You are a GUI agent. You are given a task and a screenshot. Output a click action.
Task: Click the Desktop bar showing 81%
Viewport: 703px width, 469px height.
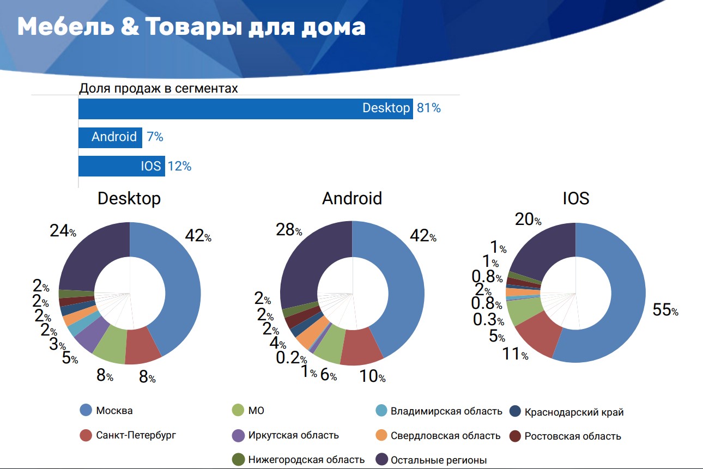[x=245, y=108]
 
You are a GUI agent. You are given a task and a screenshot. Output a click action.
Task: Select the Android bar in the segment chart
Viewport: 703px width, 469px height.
[x=110, y=137]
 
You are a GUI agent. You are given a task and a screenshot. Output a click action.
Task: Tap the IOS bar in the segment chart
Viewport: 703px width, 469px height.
[x=121, y=166]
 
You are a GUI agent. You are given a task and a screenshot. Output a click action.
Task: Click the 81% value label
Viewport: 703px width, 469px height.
[x=428, y=108]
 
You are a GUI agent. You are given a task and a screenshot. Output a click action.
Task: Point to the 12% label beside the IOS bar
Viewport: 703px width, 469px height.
[x=179, y=166]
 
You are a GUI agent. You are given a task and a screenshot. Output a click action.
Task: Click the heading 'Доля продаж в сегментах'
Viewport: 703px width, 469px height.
[x=159, y=88]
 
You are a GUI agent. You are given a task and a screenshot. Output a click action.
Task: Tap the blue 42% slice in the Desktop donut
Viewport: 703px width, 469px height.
[x=174, y=283]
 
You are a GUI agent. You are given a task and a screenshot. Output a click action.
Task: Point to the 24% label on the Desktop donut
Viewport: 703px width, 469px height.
[x=63, y=231]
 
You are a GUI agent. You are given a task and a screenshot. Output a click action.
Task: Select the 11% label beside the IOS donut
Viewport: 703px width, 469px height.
[x=515, y=354]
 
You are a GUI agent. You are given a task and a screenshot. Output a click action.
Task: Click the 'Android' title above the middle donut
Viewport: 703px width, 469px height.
[x=352, y=198]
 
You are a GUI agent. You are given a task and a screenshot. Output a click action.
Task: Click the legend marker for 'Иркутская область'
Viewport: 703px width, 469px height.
[x=238, y=435]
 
